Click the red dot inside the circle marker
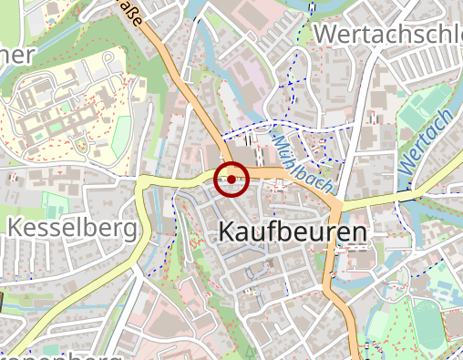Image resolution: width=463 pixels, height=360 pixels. pos(231,180)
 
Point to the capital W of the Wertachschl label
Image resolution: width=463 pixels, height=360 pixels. pos(324,34)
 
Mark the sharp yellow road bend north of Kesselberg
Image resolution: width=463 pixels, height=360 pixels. pos(142,187)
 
